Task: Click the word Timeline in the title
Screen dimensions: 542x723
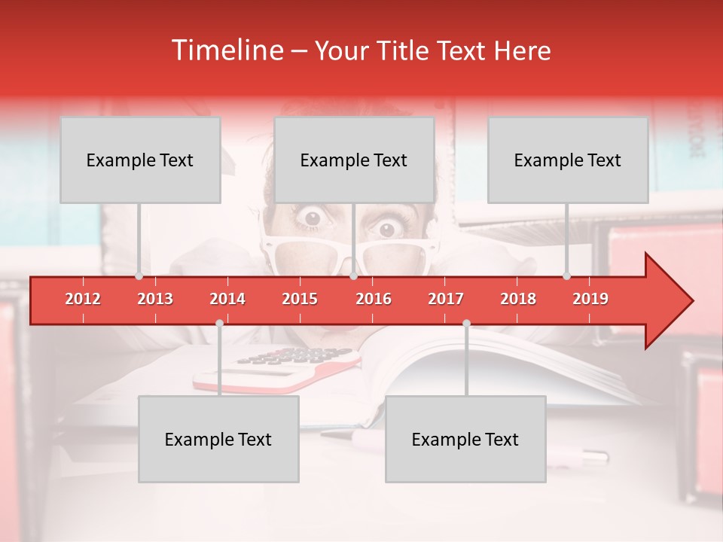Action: [227, 50]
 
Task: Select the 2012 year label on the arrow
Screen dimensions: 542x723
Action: [83, 299]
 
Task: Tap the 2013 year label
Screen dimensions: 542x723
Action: [155, 299]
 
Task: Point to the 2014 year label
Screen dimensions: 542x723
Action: [227, 299]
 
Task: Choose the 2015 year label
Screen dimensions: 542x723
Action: [300, 299]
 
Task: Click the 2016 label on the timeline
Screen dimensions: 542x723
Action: [374, 299]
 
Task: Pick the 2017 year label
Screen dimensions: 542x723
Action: [446, 299]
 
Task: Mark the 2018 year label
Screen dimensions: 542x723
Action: [518, 299]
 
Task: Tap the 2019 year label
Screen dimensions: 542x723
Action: [590, 299]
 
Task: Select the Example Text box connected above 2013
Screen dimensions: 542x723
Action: [140, 160]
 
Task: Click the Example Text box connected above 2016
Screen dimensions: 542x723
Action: [354, 160]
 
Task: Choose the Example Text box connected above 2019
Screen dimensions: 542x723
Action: [568, 160]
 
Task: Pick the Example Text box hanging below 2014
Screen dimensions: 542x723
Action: [218, 439]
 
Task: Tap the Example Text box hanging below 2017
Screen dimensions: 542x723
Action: [465, 439]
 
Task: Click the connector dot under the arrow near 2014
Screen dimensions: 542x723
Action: [219, 323]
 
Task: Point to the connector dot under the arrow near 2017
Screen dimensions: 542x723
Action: [466, 323]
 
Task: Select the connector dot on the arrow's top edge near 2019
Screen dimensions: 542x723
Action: [566, 276]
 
